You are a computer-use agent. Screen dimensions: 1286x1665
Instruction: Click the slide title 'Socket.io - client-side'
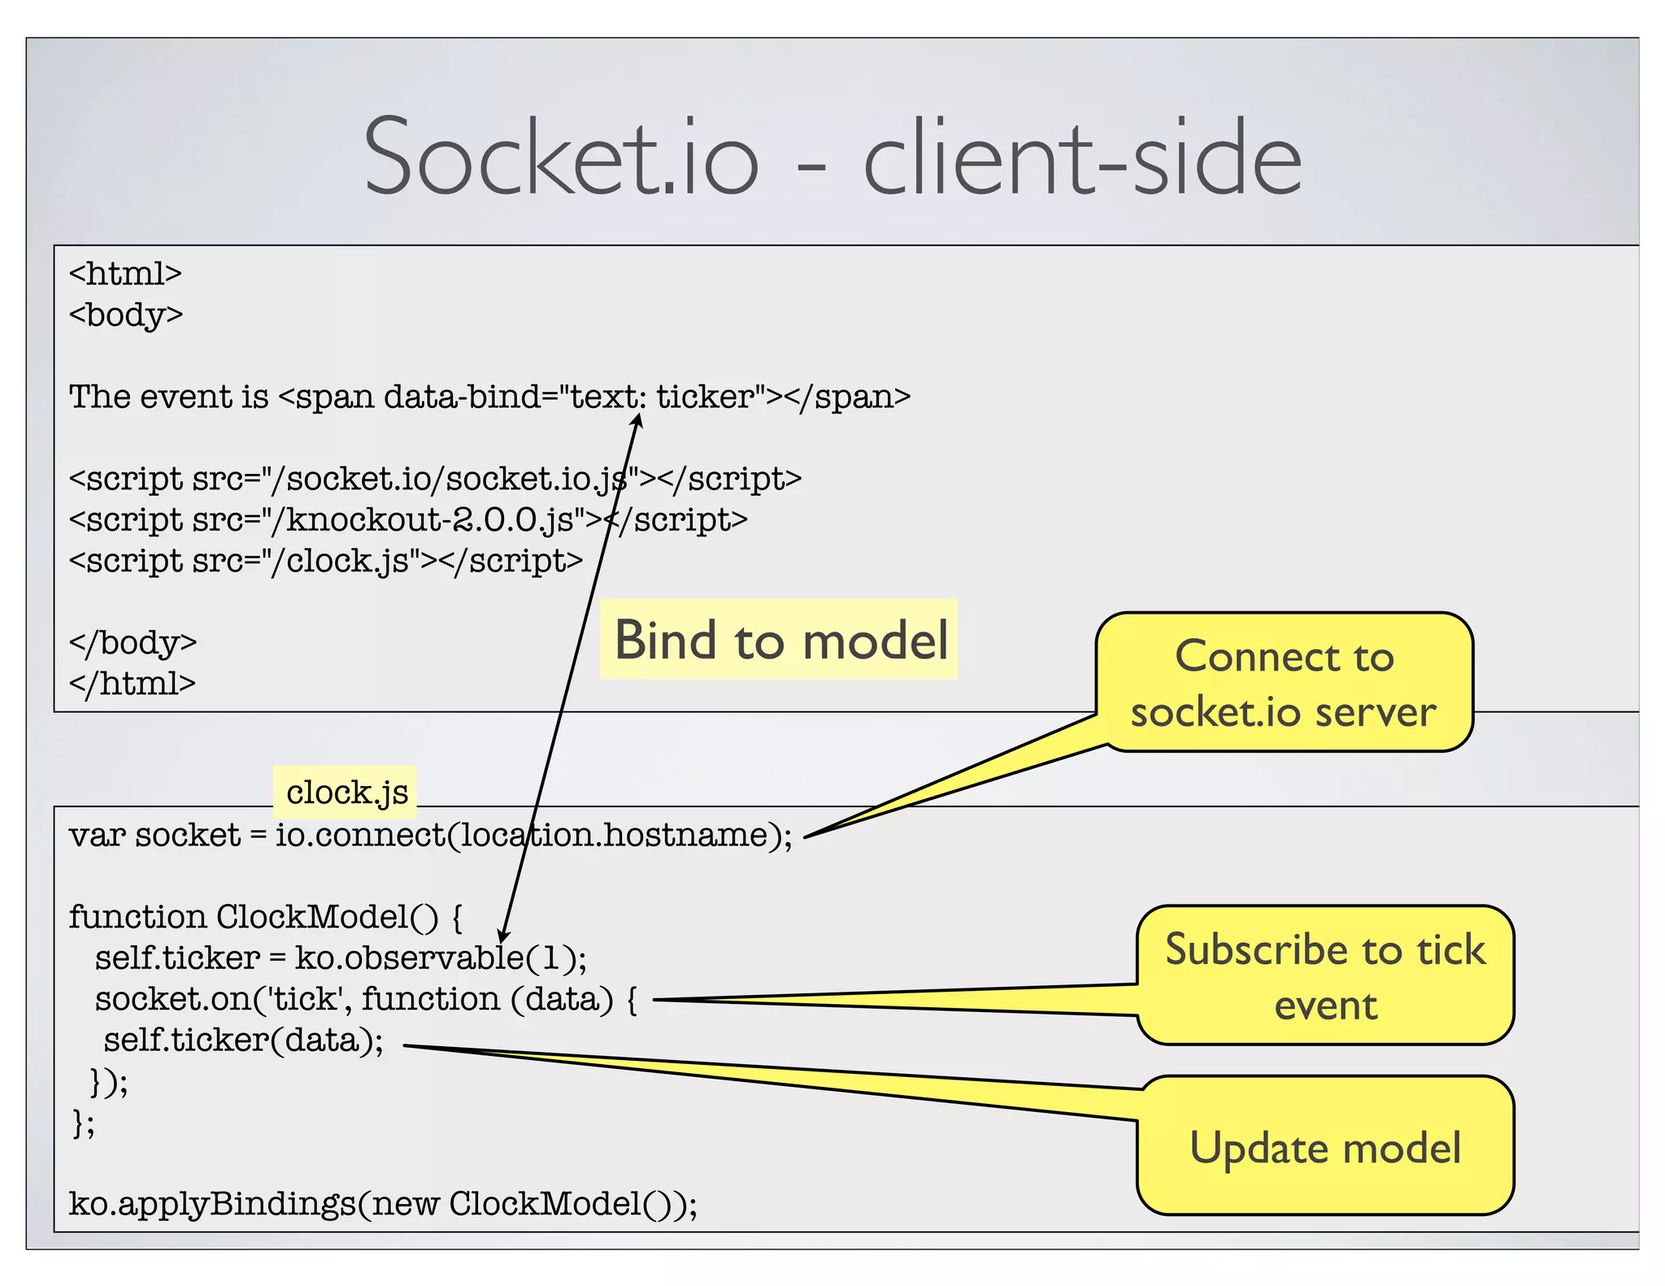[832, 156]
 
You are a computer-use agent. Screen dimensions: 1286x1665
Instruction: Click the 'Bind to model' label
[780, 640]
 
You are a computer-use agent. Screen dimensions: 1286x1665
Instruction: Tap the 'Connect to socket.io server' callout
[1284, 683]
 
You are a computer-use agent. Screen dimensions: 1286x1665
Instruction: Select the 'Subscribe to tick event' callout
[1325, 975]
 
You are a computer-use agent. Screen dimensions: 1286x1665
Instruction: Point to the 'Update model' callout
[1325, 1148]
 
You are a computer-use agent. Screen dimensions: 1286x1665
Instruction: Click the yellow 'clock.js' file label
[346, 792]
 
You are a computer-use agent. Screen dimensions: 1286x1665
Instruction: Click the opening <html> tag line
[125, 274]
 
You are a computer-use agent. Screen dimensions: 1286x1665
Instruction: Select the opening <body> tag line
[126, 315]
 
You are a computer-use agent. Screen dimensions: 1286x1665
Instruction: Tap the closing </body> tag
[133, 643]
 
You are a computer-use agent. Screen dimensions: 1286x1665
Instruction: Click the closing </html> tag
[133, 684]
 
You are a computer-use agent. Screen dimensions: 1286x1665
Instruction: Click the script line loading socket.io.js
[435, 479]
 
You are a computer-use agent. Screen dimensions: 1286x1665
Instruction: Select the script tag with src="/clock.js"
[325, 561]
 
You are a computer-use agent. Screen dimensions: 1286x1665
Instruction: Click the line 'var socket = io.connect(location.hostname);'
[430, 836]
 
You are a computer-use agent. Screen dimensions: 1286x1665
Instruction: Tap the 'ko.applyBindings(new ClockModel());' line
[383, 1204]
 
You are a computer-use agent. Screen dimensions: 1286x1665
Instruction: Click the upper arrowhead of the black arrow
[638, 420]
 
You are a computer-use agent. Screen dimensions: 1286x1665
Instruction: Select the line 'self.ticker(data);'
[243, 1041]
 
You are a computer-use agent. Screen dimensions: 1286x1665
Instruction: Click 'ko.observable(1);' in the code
[440, 958]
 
